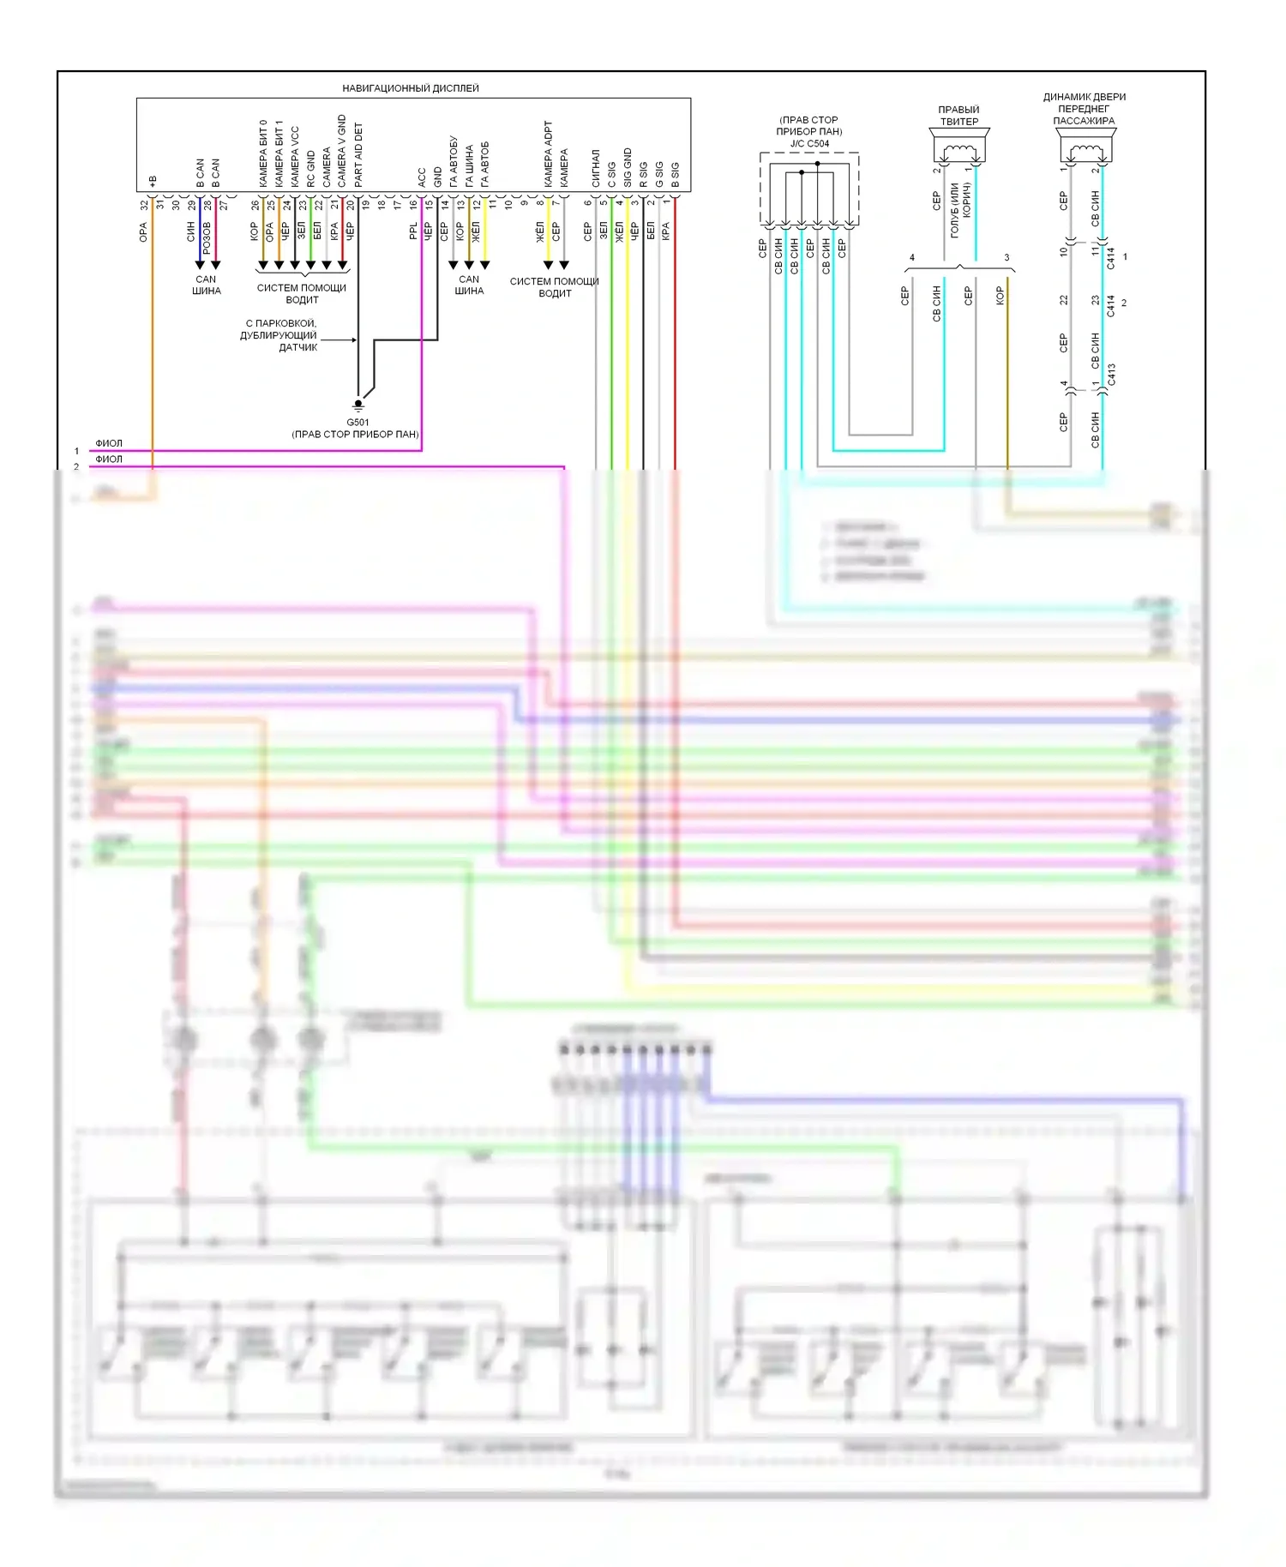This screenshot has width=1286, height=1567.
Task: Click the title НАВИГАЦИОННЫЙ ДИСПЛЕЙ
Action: click(x=410, y=88)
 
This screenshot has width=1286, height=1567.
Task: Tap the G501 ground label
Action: click(x=358, y=422)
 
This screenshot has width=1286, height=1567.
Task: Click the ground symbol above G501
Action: click(x=358, y=404)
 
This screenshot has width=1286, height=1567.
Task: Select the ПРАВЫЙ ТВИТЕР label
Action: click(x=958, y=116)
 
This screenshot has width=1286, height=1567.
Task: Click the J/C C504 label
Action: click(x=809, y=143)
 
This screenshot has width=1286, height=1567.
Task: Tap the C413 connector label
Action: click(x=1112, y=374)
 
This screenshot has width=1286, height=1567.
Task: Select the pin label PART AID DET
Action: click(x=358, y=154)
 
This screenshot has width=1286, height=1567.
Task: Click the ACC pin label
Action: click(x=422, y=177)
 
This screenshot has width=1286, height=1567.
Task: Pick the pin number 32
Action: click(x=144, y=205)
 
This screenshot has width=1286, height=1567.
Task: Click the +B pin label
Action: click(x=153, y=181)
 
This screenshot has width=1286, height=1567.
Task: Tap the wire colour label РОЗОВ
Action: click(x=207, y=237)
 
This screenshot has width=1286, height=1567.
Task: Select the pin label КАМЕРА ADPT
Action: click(x=548, y=153)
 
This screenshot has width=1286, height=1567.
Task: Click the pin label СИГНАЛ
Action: click(x=595, y=168)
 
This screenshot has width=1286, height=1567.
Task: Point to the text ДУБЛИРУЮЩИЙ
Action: click(x=279, y=335)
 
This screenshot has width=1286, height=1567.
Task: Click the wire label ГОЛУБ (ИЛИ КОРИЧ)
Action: click(x=960, y=210)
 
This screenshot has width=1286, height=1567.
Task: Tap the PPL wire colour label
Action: click(x=413, y=231)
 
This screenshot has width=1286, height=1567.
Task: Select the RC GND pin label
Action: click(x=310, y=169)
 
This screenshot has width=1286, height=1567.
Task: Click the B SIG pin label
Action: click(x=675, y=174)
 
